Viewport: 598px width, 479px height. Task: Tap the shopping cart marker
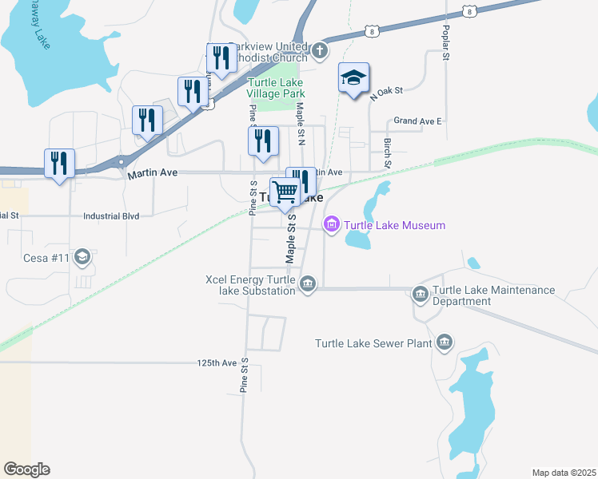(285, 191)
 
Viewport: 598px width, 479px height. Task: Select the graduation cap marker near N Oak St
(353, 78)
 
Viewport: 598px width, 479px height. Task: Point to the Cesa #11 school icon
(81, 257)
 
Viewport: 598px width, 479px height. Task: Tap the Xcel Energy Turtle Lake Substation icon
(308, 284)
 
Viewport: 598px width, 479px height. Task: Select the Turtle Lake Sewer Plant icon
(445, 343)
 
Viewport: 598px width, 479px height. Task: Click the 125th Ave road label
(217, 362)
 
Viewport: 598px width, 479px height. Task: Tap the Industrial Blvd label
(111, 216)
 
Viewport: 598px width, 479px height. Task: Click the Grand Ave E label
(417, 121)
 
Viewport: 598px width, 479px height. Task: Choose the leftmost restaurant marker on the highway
(59, 164)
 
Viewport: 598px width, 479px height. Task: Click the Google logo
(26, 469)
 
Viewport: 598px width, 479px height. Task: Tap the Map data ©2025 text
(564, 473)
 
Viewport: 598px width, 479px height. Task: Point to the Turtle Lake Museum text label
(395, 226)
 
